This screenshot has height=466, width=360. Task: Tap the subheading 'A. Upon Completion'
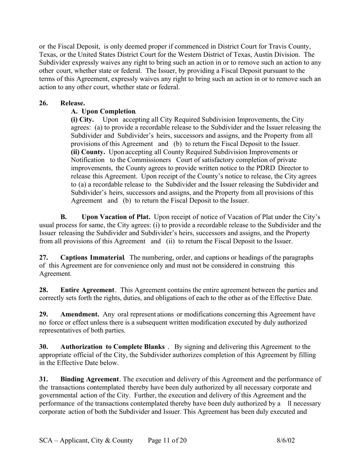pyautogui.click(x=103, y=111)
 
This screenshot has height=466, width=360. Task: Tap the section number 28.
pyautogui.click(x=44, y=290)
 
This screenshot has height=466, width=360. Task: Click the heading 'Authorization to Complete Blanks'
pyautogui.click(x=113, y=347)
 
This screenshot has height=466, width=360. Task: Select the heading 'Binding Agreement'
pyautogui.click(x=89, y=379)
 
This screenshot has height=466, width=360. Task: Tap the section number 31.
pyautogui.click(x=44, y=379)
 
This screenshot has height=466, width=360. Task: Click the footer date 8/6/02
pyautogui.click(x=286, y=441)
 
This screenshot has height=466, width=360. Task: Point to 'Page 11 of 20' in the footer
pyautogui.click(x=167, y=441)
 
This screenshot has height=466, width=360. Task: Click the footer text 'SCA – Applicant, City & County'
pyautogui.click(x=86, y=441)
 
